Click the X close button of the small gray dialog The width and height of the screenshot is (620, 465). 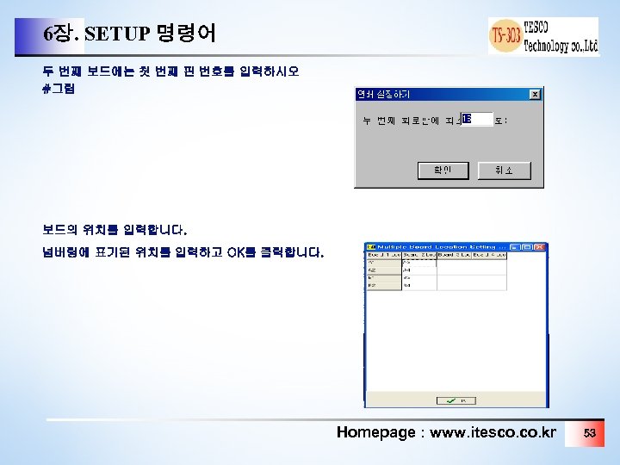pyautogui.click(x=534, y=94)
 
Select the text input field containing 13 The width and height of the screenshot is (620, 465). pyautogui.click(x=476, y=119)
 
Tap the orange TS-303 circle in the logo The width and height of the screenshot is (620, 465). pyautogui.click(x=505, y=36)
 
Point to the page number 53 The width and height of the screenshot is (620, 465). pyautogui.click(x=590, y=432)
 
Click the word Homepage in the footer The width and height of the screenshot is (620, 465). pyautogui.click(x=375, y=432)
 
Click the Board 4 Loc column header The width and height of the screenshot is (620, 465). pyautogui.click(x=488, y=256)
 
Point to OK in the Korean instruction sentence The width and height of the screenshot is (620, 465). pyautogui.click(x=238, y=252)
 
